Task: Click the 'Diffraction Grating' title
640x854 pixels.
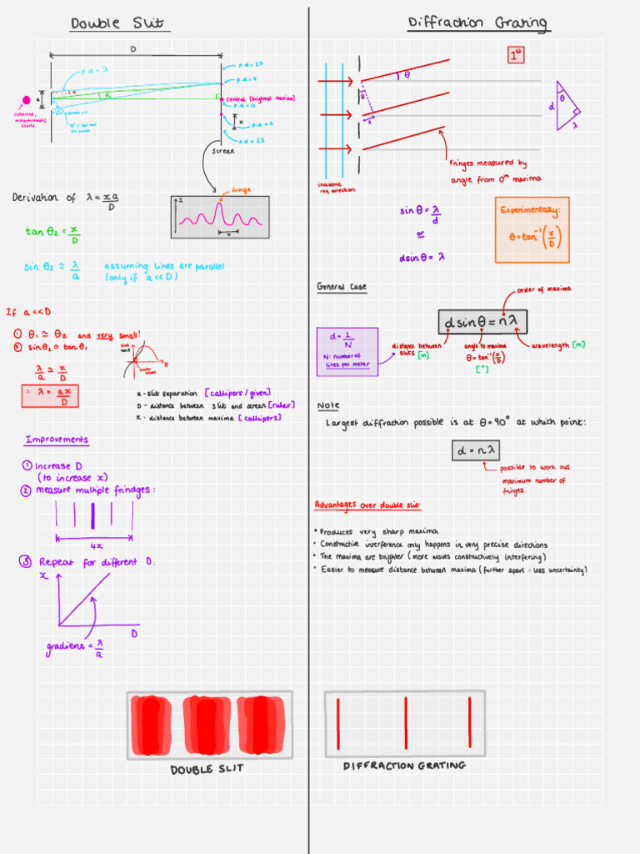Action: pos(478,23)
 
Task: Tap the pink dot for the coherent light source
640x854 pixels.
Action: pos(26,100)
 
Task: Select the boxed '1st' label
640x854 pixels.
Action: pos(517,55)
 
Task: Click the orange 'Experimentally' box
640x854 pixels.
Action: pos(531,229)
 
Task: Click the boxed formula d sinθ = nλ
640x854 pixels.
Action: pos(483,322)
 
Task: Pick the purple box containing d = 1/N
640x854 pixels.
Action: pos(347,351)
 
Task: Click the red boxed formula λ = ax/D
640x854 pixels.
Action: pos(56,395)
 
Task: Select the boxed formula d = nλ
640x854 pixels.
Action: pos(475,450)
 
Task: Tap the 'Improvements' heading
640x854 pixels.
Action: pos(57,440)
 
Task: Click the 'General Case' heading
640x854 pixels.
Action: pos(341,287)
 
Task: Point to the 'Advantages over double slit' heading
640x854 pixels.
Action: pos(367,505)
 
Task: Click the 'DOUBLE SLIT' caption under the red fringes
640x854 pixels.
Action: pos(207,769)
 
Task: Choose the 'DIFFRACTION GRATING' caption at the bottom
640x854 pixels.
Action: pos(404,766)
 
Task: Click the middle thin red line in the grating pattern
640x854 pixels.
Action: pos(406,723)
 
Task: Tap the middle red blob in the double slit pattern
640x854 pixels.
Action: pos(207,724)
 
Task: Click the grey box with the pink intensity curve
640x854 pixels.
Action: pos(220,217)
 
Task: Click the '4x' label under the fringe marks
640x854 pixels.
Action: pos(96,545)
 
